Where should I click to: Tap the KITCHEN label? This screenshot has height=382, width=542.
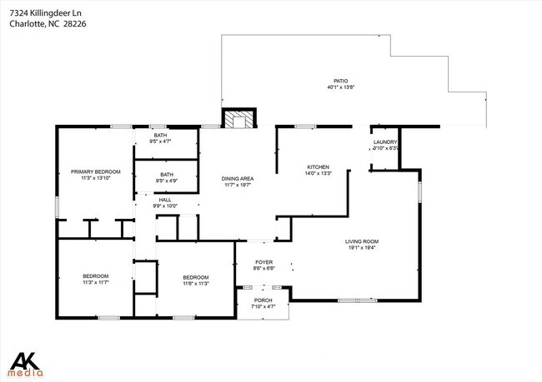(319, 166)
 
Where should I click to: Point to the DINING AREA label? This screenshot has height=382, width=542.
(238, 179)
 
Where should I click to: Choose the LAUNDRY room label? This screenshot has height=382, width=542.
(385, 142)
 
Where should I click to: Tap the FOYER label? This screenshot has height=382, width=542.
(263, 262)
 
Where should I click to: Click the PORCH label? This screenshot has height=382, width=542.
(263, 300)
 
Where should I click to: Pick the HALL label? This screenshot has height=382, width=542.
(165, 200)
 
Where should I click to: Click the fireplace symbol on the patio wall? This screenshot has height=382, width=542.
(239, 119)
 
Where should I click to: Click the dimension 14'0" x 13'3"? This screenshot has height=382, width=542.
(319, 173)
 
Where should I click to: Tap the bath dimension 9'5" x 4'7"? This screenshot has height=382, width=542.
(161, 141)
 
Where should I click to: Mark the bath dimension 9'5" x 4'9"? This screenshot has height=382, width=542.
(168, 181)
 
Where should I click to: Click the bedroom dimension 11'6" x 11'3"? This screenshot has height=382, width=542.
(196, 284)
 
